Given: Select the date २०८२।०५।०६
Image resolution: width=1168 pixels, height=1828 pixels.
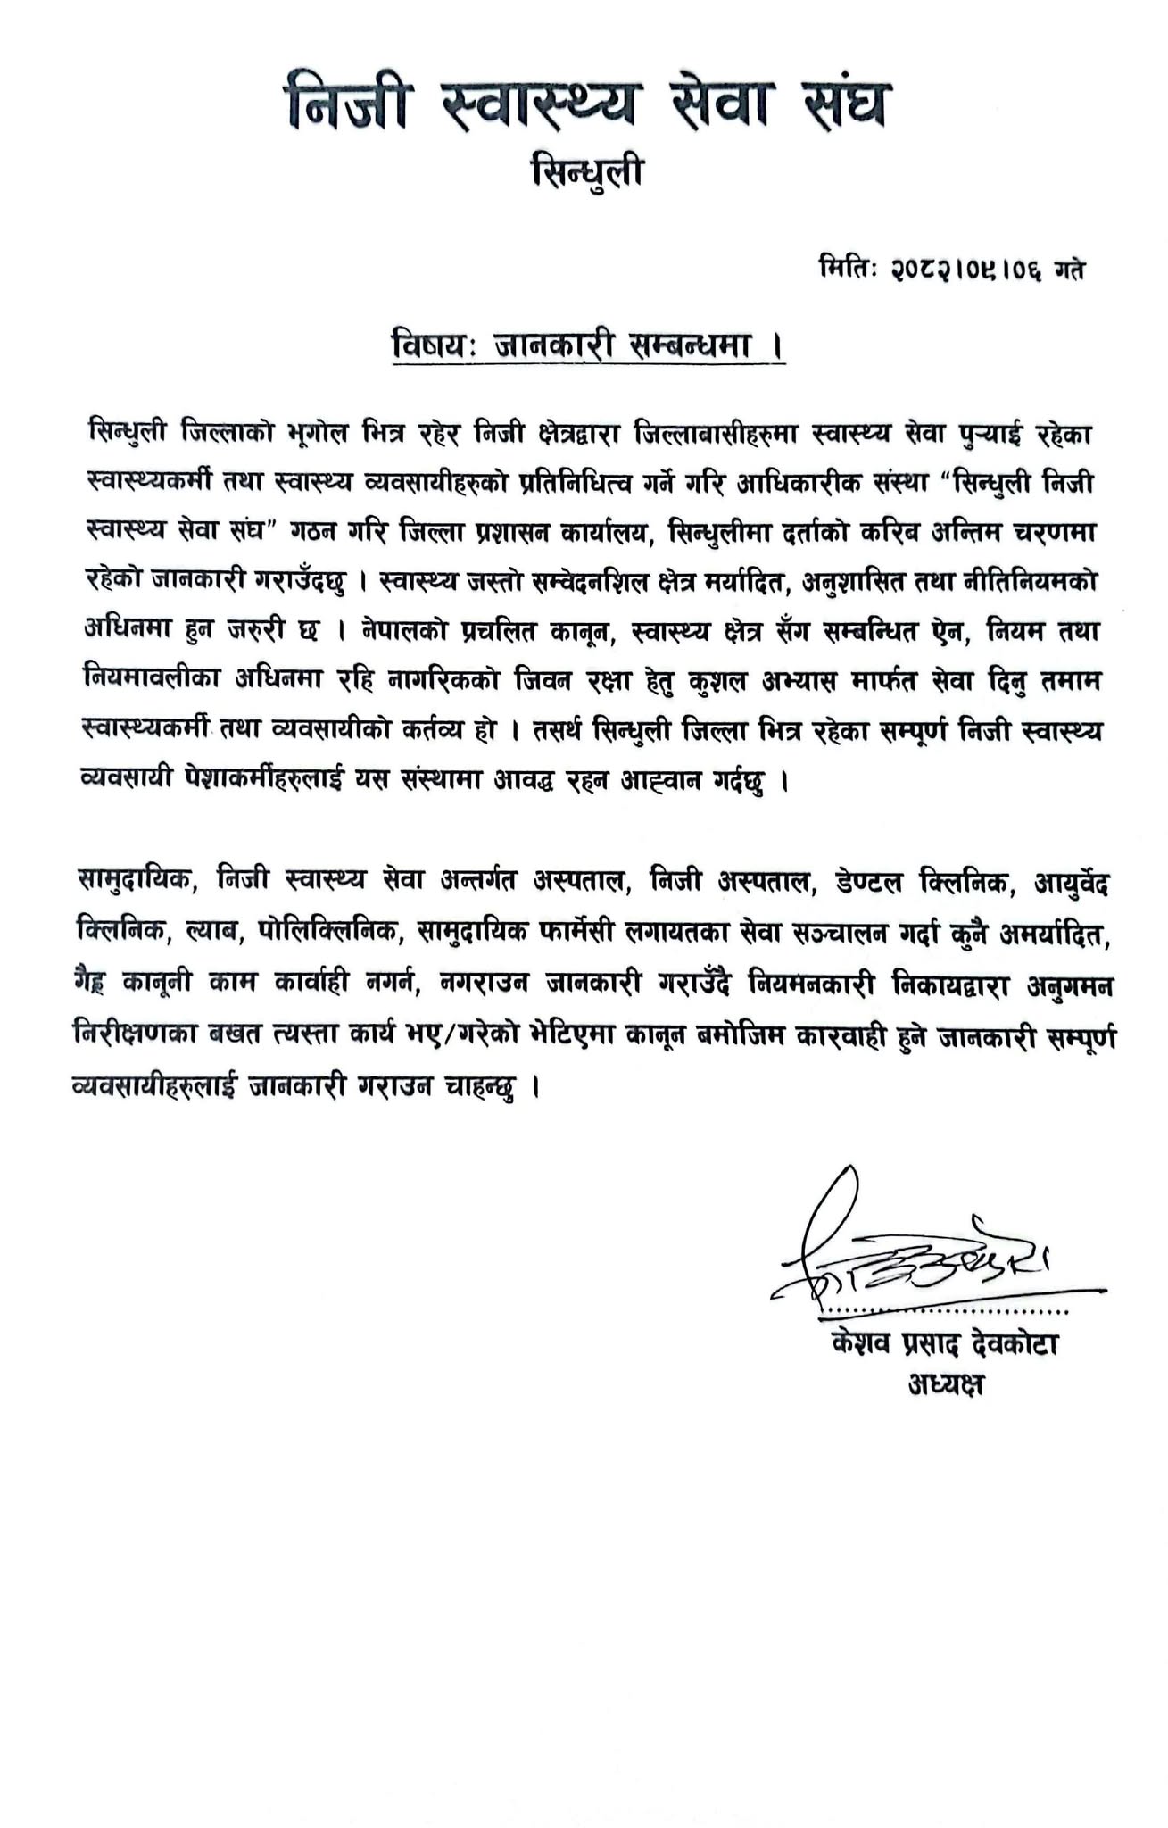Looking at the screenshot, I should [x=969, y=269].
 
